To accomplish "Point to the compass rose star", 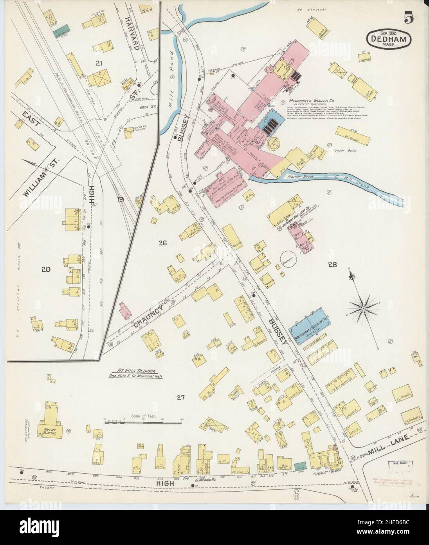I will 364,309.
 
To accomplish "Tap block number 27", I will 180,398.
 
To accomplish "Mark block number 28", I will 333,265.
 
